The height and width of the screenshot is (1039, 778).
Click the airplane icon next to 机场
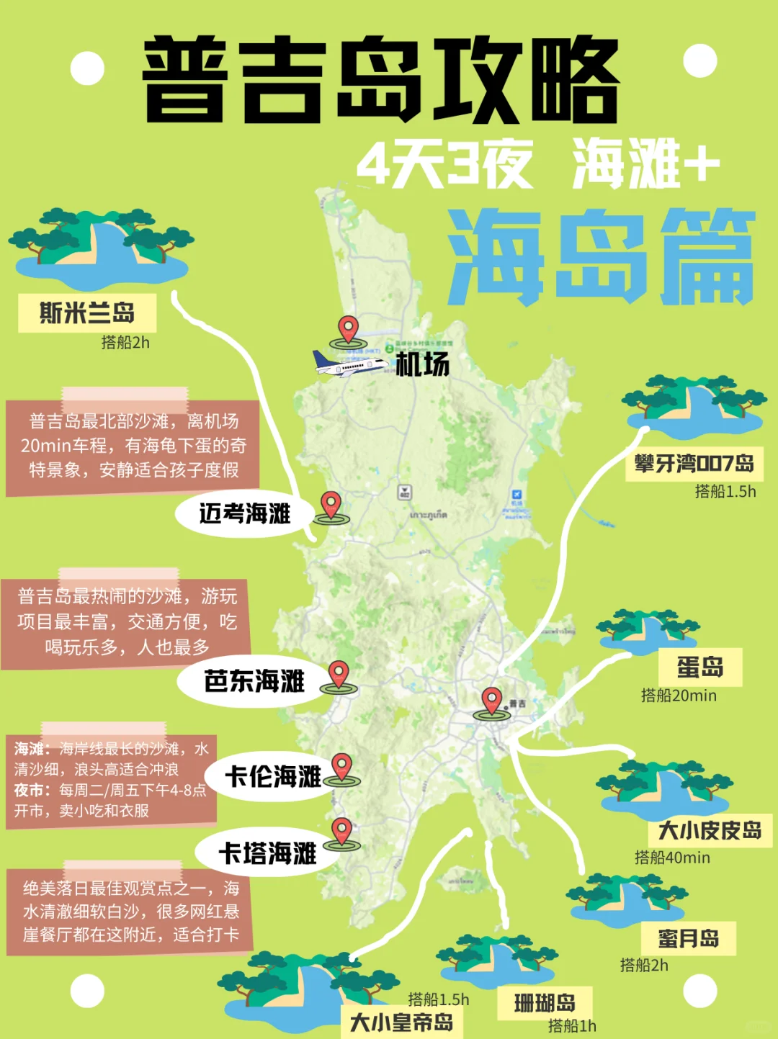pyautogui.click(x=349, y=364)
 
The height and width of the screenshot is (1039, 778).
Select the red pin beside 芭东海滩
pyautogui.click(x=339, y=675)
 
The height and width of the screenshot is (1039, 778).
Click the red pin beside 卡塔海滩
pyautogui.click(x=341, y=832)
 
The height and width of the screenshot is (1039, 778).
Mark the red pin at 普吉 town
pyautogui.click(x=492, y=701)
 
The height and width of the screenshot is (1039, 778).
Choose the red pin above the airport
pyautogui.click(x=349, y=329)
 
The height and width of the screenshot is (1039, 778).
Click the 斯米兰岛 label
pyautogui.click(x=87, y=313)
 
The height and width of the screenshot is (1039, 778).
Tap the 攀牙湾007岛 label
pyautogui.click(x=694, y=463)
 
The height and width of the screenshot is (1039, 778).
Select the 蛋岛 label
pyautogui.click(x=699, y=667)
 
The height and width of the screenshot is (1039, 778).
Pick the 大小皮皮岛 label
pyautogui.click(x=710, y=830)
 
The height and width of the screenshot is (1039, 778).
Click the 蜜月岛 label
pyautogui.click(x=688, y=938)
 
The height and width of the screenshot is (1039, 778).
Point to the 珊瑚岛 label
pyautogui.click(x=545, y=1002)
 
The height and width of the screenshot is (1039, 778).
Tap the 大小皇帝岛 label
pyautogui.click(x=401, y=1022)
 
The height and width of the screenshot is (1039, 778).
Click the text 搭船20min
pyautogui.click(x=679, y=696)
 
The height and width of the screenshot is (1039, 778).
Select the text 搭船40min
pyautogui.click(x=672, y=858)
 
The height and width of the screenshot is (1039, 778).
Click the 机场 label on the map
pyautogui.click(x=423, y=364)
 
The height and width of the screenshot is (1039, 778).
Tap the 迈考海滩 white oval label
pyautogui.click(x=245, y=513)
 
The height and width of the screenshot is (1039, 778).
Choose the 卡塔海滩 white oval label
pyautogui.click(x=267, y=853)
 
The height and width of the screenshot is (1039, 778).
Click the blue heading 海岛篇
pyautogui.click(x=601, y=257)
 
